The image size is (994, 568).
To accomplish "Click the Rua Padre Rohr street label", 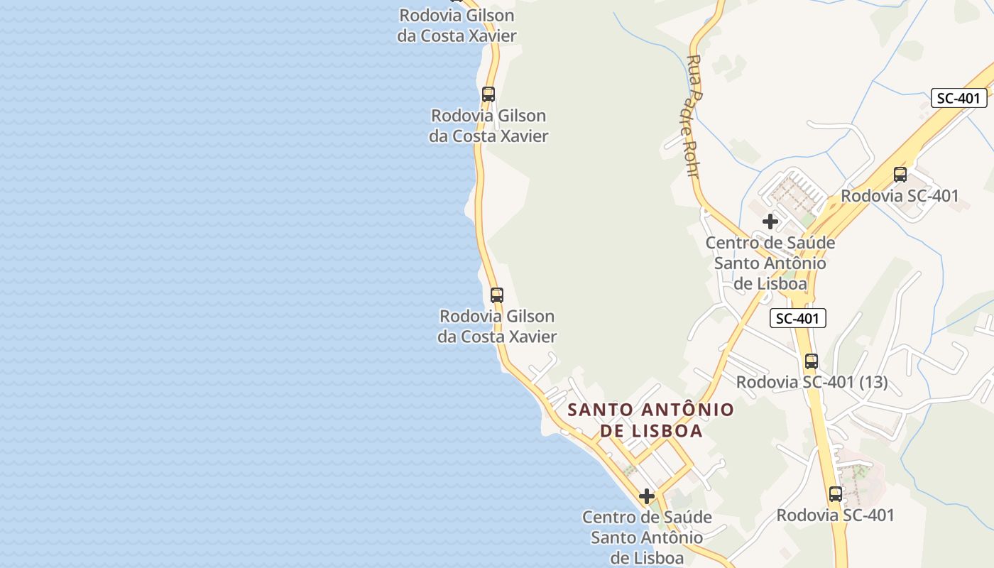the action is point(694,117).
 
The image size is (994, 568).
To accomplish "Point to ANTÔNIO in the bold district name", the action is point(688,410).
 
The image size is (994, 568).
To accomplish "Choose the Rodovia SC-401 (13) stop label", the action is point(812,382).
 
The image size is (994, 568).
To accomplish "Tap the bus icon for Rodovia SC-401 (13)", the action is point(812,361).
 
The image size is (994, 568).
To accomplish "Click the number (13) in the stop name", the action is point(873,382).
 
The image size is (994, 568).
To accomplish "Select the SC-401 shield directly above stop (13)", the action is point(798,319).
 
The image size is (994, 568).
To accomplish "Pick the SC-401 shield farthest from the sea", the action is point(958,98).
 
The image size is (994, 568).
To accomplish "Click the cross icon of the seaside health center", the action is point(647,496).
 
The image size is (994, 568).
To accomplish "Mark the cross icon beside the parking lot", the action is point(770,222).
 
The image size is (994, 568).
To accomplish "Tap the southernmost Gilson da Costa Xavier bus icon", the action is point(497,295).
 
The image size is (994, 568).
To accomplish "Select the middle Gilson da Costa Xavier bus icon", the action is point(488,94).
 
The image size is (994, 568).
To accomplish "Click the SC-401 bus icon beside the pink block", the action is point(836,494).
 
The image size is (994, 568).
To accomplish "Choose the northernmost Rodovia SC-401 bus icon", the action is point(900,175).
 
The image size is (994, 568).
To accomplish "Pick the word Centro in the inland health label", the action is point(731,243).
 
